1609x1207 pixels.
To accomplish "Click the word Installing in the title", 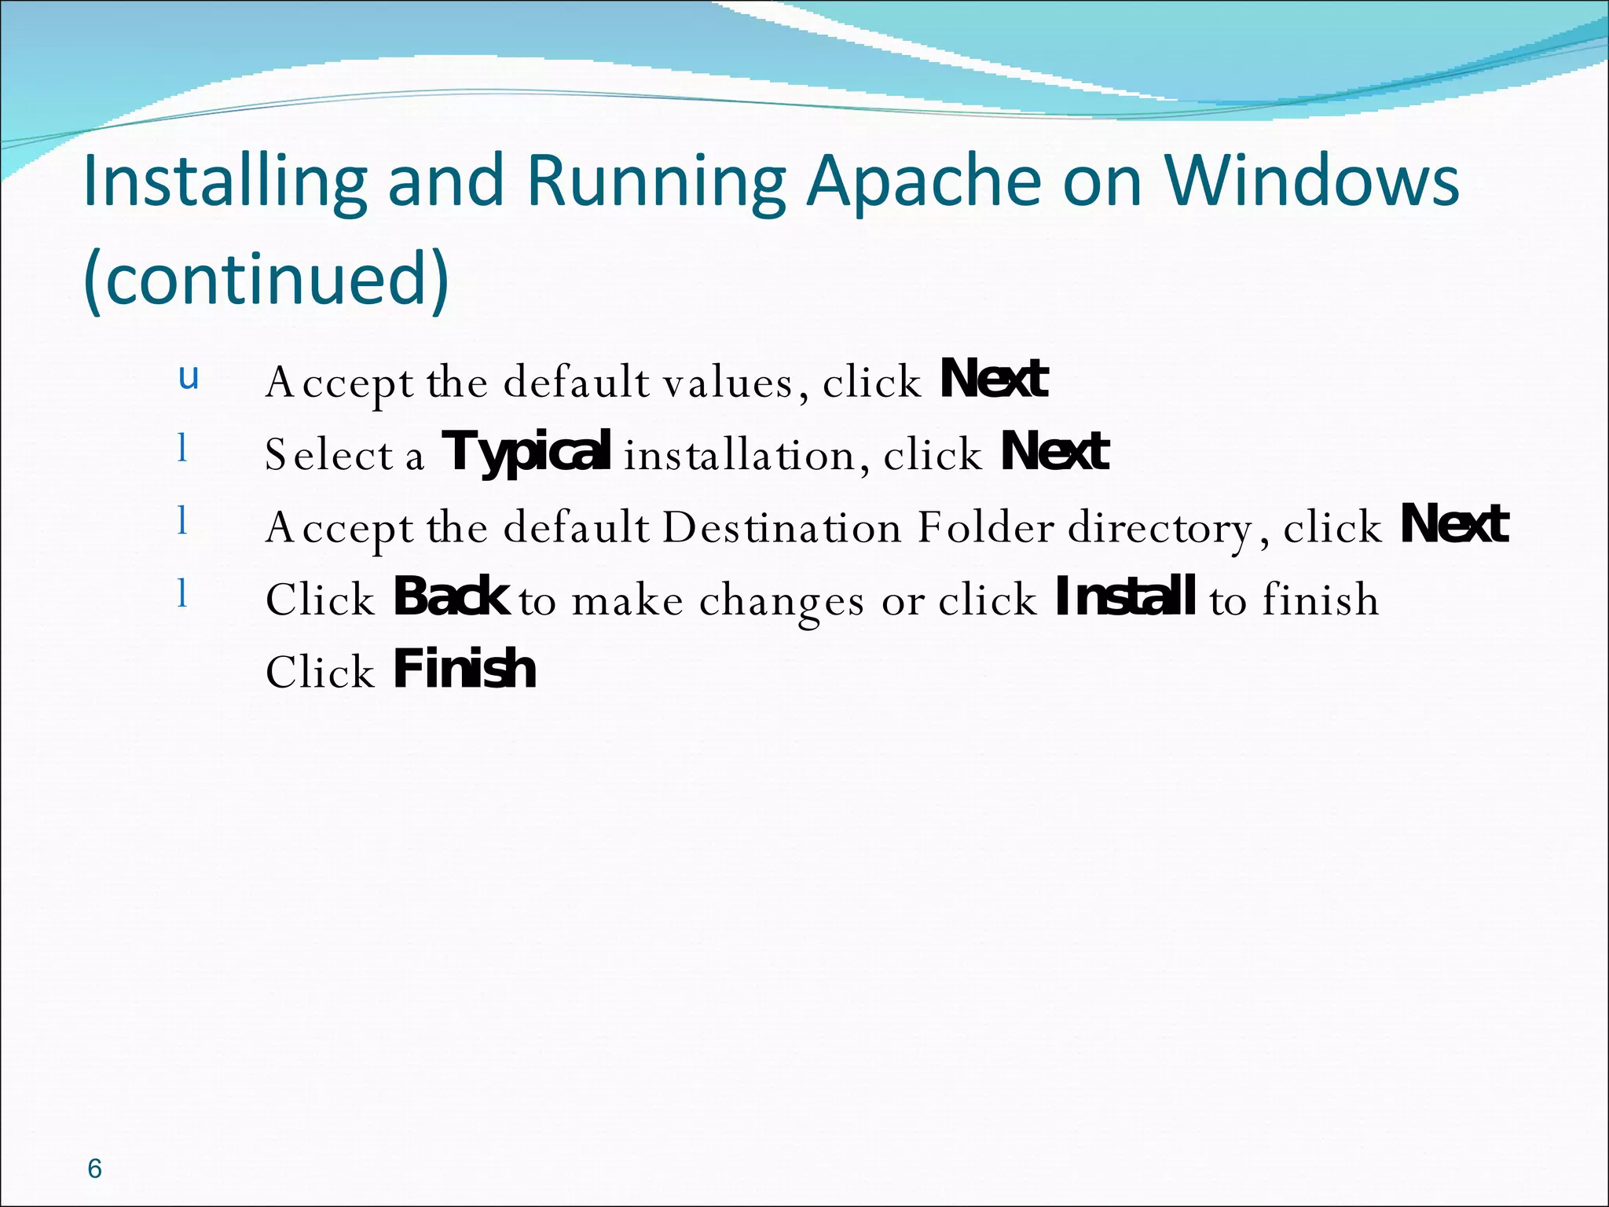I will pyautogui.click(x=225, y=182).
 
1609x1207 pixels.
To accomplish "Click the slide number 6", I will pyautogui.click(x=94, y=1168).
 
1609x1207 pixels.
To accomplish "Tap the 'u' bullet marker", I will pyautogui.click(x=189, y=378).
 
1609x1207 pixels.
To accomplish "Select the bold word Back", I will pyautogui.click(x=451, y=598).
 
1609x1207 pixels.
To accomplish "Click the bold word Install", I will pyautogui.click(x=1125, y=598).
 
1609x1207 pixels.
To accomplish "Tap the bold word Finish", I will pyautogui.click(x=464, y=670).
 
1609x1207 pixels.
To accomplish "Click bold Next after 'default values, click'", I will pyautogui.click(x=994, y=380).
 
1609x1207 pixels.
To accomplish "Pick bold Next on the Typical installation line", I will pyautogui.click(x=1054, y=453).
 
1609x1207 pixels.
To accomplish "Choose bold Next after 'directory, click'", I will pyautogui.click(x=1454, y=525).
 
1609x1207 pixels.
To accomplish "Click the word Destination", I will pyautogui.click(x=782, y=527).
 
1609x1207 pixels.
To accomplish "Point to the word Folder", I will pyautogui.click(x=985, y=527).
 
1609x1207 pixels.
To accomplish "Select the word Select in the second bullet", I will pyautogui.click(x=329, y=455).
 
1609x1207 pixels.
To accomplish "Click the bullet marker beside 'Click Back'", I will pyautogui.click(x=182, y=592).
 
